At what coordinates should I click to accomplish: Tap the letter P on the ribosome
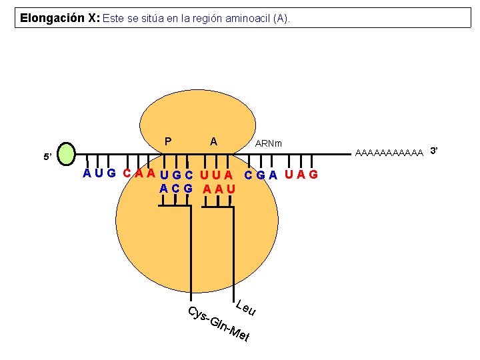(168, 141)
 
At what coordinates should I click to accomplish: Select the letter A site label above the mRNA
(213, 141)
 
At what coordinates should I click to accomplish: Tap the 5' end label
(47, 157)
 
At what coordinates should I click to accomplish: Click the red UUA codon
(218, 176)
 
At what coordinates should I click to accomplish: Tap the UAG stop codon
(301, 175)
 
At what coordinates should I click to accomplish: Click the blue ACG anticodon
(176, 189)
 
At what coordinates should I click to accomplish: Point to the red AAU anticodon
(219, 189)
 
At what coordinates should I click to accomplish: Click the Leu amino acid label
(246, 308)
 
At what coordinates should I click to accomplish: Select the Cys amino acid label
(196, 315)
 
